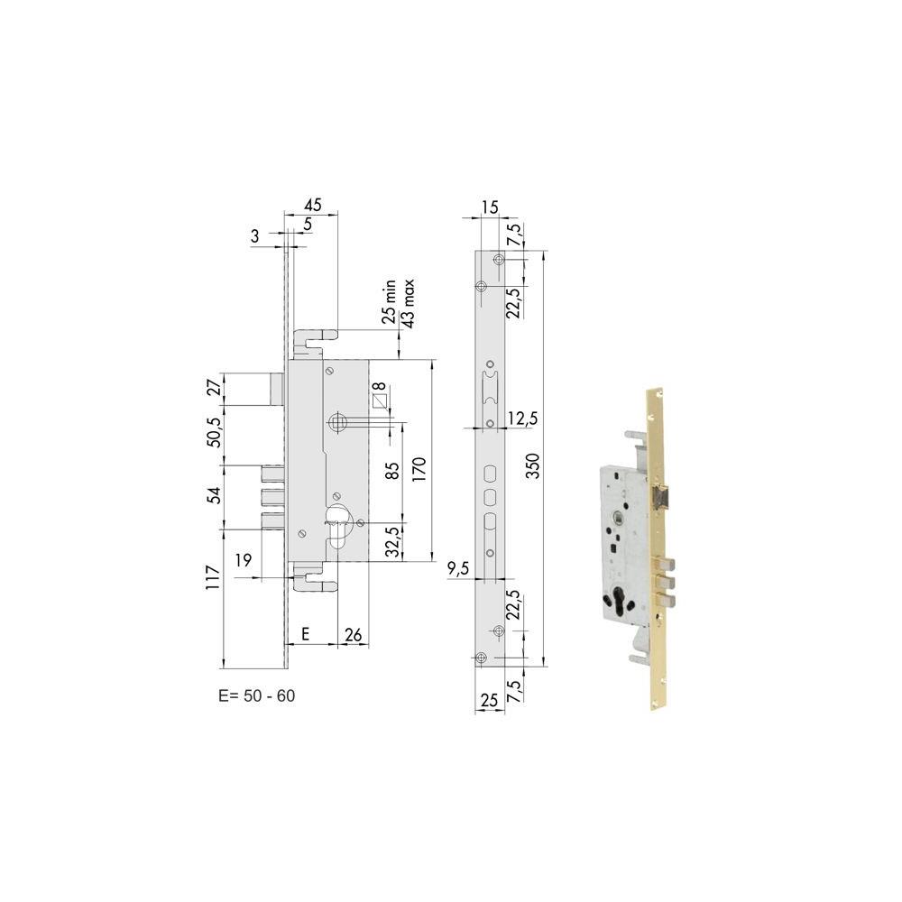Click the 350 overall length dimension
pyautogui.click(x=533, y=466)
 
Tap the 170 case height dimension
pyautogui.click(x=419, y=469)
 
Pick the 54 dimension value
pyautogui.click(x=214, y=494)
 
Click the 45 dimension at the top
pyautogui.click(x=313, y=205)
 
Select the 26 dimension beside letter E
pyautogui.click(x=354, y=634)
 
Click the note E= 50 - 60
pyautogui.click(x=256, y=695)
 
